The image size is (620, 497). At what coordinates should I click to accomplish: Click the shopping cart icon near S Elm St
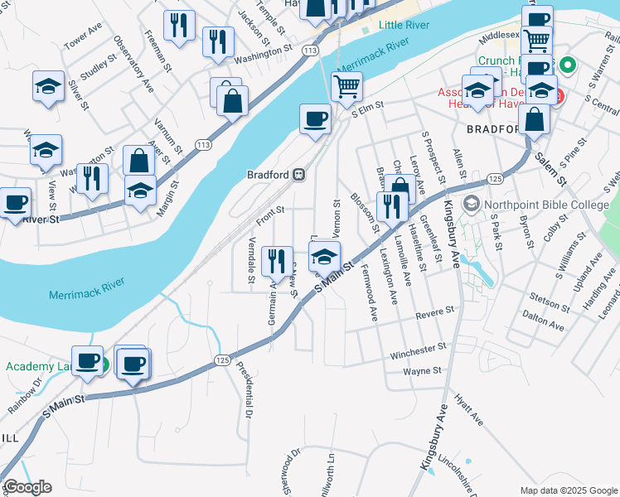point(346,85)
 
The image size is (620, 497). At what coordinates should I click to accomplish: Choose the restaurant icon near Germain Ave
point(276,260)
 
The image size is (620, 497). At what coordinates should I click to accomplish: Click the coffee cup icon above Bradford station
point(314,118)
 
